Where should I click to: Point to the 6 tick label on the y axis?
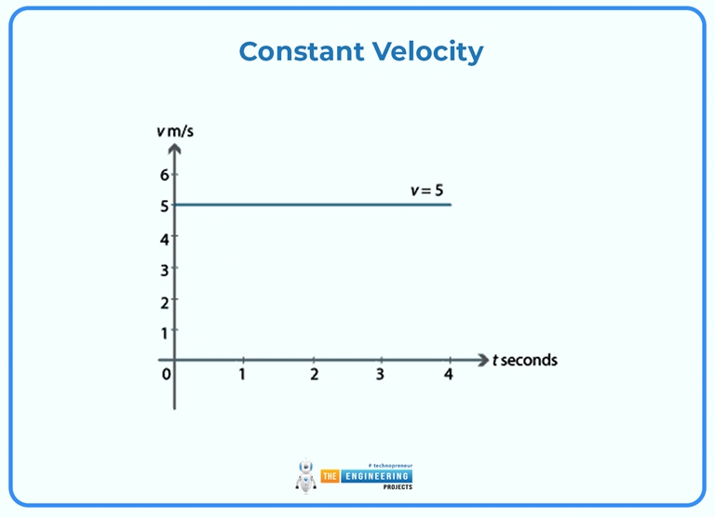click(x=164, y=174)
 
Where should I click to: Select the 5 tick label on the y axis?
click(x=164, y=205)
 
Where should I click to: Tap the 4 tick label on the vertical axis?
click(x=164, y=238)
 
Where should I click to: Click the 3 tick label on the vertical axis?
click(x=164, y=270)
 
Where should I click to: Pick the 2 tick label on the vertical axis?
click(x=164, y=302)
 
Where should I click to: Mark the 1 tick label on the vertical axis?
click(x=164, y=332)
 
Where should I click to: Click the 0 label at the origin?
click(x=166, y=375)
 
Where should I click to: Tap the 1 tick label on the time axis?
click(x=242, y=375)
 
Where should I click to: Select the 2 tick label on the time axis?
click(x=314, y=375)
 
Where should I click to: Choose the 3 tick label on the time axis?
click(x=380, y=375)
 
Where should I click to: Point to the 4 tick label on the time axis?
click(x=449, y=375)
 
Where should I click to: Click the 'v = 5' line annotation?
click(x=427, y=191)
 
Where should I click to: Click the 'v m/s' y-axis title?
click(x=175, y=130)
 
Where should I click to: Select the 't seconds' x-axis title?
click(x=524, y=360)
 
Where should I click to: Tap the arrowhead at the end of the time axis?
click(x=482, y=360)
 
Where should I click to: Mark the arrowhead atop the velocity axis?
click(x=174, y=149)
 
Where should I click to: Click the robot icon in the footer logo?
click(x=306, y=476)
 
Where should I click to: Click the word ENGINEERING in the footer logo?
click(x=378, y=476)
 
